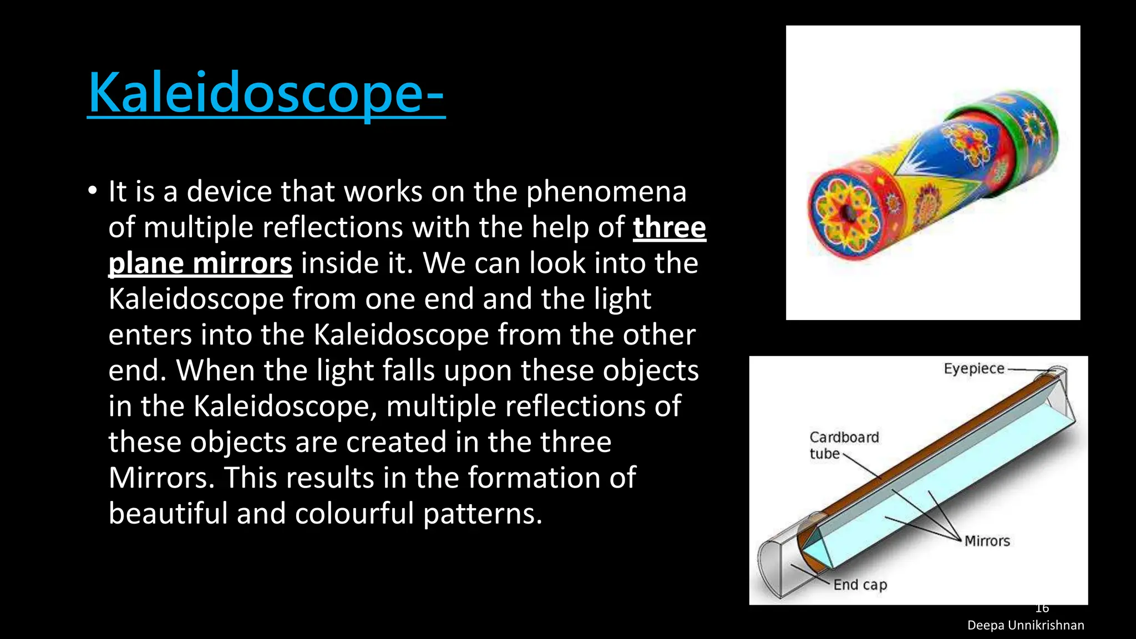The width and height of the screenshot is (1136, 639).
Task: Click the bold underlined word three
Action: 670,227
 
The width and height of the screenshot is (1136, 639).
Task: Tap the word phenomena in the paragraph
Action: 606,192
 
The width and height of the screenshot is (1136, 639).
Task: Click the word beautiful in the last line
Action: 168,513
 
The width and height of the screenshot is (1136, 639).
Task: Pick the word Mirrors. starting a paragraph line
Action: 161,478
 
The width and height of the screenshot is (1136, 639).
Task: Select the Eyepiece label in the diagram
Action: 974,369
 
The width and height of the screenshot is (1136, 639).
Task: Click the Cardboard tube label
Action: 844,445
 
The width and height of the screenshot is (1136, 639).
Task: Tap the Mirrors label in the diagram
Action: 987,541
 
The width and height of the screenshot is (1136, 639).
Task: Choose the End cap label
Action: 860,585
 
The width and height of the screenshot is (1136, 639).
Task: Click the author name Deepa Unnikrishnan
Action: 1025,625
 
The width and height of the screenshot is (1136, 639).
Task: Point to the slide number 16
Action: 1042,608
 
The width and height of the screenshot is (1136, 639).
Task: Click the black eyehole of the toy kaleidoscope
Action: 847,213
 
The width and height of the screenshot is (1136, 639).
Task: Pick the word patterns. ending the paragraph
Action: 483,513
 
